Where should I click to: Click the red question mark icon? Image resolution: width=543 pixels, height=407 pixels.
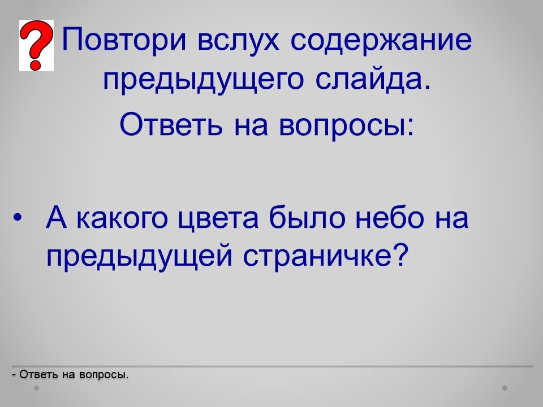coord(36,45)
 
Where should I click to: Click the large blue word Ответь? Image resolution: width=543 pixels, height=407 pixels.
coord(171,124)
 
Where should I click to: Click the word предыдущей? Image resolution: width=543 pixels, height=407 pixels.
coord(139,257)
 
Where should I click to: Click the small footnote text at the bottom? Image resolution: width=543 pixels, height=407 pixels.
coord(70,374)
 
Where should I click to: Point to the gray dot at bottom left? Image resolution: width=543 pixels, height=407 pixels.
coord(36,388)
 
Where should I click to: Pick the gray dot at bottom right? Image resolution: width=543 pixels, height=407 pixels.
coord(505,388)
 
